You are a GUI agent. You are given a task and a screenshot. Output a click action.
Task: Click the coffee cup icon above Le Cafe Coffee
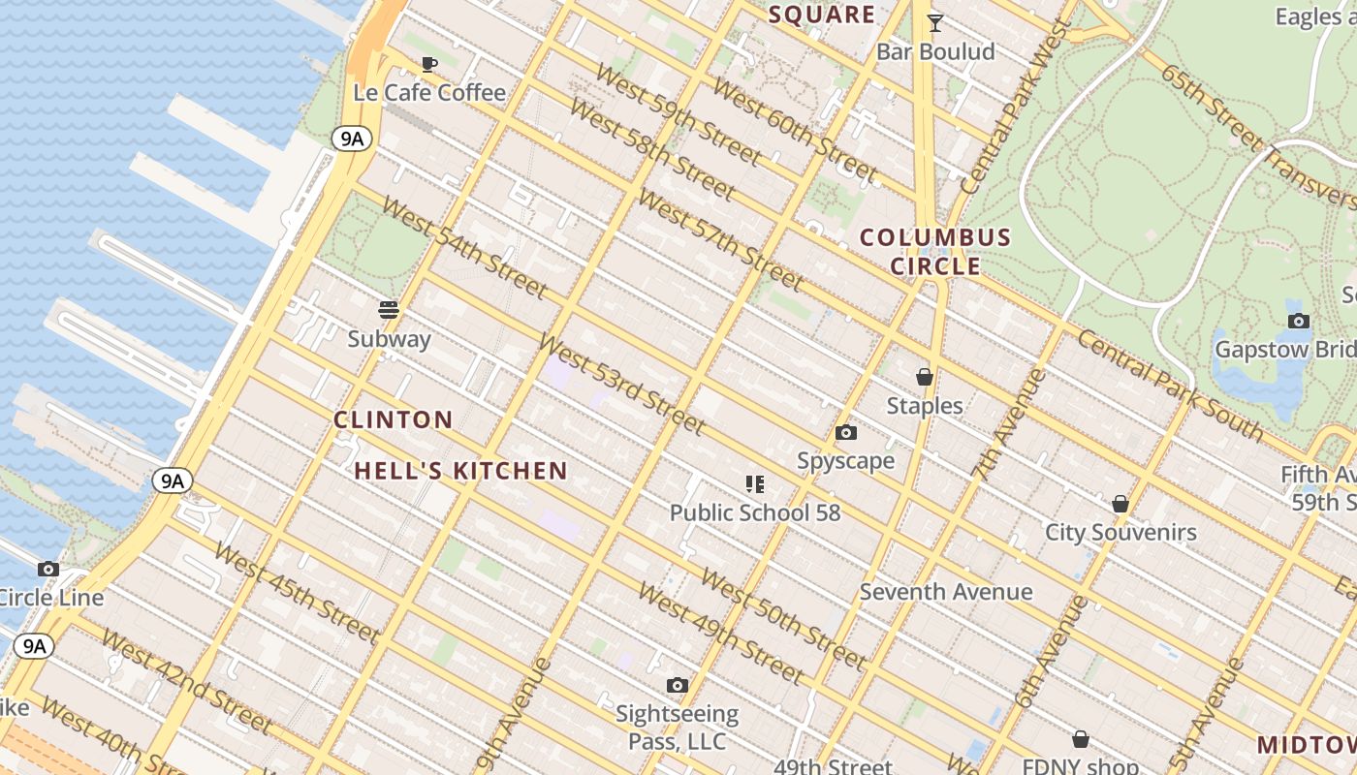coord(429,65)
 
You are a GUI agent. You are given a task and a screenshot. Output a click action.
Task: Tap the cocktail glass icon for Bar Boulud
coord(935,23)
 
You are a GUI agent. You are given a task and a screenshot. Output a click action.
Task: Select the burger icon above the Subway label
coord(389,310)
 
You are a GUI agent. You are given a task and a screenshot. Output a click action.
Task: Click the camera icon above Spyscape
coord(846,432)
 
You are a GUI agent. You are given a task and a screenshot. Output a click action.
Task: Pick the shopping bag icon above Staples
coord(925,377)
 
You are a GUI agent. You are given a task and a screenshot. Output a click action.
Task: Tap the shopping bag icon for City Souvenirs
coord(1120,504)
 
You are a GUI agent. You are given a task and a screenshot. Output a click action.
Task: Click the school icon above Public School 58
coord(755,483)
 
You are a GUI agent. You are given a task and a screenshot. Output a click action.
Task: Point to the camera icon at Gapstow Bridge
coord(1298,321)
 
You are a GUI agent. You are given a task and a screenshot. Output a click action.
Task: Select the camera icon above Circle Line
coord(48,569)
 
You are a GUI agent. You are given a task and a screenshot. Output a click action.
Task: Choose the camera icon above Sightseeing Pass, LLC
coord(678,686)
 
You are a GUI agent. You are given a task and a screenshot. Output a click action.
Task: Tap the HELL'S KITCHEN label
coord(460,472)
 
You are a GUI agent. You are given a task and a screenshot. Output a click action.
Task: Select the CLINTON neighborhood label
coord(393,419)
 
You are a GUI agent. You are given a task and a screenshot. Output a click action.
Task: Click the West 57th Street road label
coord(720,242)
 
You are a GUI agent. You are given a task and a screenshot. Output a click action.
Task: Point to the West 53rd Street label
coord(620,385)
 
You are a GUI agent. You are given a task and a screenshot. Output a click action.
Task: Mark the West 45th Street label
coord(296,593)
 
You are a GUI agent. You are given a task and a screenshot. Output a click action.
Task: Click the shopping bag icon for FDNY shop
coord(1081,740)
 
